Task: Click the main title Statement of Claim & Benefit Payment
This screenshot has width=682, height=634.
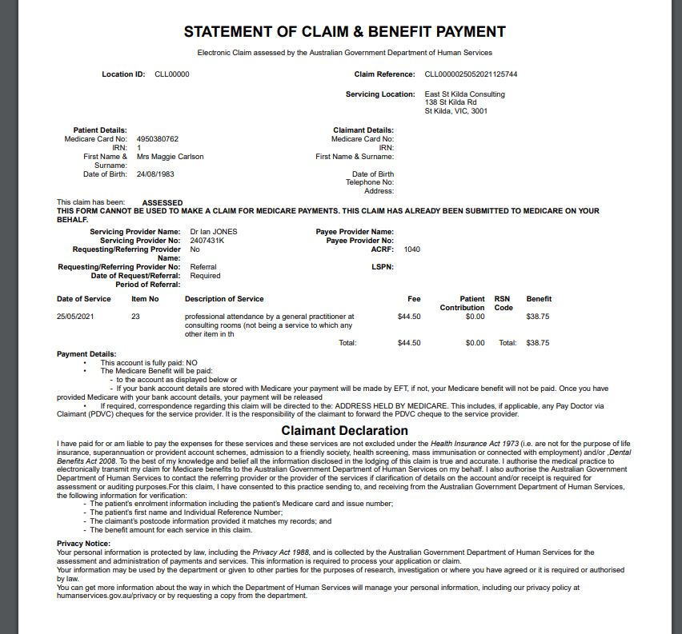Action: click(x=344, y=32)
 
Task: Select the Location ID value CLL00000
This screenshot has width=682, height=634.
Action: click(x=172, y=74)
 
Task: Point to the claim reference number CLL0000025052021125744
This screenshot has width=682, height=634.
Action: click(x=471, y=74)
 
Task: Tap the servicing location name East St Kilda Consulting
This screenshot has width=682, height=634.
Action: click(x=464, y=94)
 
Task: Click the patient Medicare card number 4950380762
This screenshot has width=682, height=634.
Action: click(x=158, y=139)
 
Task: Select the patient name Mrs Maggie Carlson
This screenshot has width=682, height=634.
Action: click(x=170, y=157)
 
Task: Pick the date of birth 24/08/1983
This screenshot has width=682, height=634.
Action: click(x=155, y=174)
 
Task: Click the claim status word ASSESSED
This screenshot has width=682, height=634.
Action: click(x=162, y=203)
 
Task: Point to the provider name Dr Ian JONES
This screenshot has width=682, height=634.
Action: click(x=214, y=232)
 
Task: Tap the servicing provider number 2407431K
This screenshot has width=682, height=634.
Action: click(x=207, y=241)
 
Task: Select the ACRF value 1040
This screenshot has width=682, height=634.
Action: click(x=411, y=249)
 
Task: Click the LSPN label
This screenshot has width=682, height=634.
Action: click(x=383, y=267)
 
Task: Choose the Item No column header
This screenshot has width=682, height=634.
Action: click(x=145, y=299)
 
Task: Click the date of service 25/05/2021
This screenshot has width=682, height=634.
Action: click(x=75, y=317)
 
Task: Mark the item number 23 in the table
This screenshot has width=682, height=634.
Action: click(x=135, y=317)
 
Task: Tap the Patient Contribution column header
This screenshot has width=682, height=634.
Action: click(x=462, y=303)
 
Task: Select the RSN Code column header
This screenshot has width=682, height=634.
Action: click(x=503, y=303)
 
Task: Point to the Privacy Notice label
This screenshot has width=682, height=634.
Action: click(x=83, y=544)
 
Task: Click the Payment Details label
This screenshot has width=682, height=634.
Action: click(x=86, y=353)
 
